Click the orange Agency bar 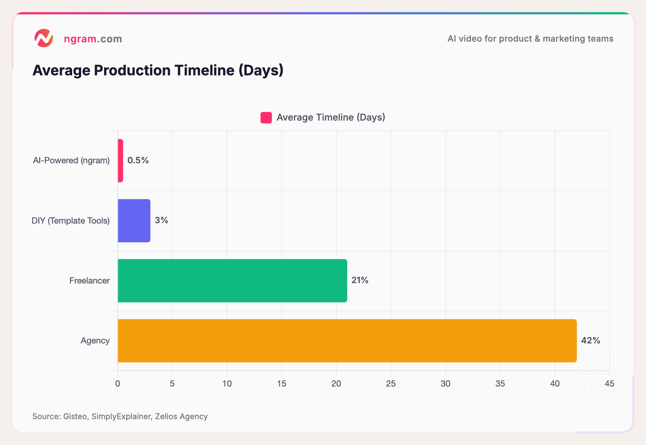pos(347,341)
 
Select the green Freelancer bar pos(232,281)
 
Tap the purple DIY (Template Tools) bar pos(134,221)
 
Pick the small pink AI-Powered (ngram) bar pos(121,160)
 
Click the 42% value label pos(590,341)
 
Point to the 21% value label pos(360,280)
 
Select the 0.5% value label pos(138,160)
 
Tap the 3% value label pos(161,220)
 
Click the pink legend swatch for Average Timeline pos(266,118)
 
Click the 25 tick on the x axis pos(390,384)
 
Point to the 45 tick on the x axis pos(609,384)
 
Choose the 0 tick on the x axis pos(118,384)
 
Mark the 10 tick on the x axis pos(227,384)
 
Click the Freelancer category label pos(89,281)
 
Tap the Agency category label pos(95,341)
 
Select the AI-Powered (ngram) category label pos(71,160)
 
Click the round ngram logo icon pos(44,38)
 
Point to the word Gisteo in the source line pos(75,416)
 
